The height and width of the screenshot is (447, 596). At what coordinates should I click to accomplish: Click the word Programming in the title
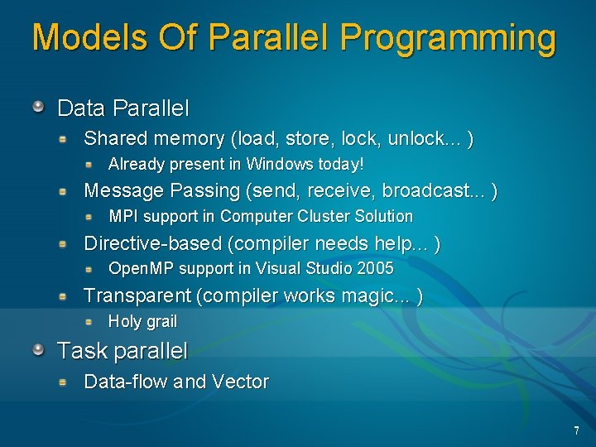coord(448,39)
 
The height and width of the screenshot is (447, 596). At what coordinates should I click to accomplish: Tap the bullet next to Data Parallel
coord(38,107)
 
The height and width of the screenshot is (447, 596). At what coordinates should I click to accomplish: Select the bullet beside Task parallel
coord(38,350)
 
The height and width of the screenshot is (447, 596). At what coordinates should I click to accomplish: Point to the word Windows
coord(281,164)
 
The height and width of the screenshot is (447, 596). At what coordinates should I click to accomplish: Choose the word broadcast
coord(443,191)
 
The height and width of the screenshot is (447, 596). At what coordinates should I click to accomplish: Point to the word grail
coord(161,321)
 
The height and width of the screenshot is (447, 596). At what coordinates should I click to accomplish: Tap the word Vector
coord(240,382)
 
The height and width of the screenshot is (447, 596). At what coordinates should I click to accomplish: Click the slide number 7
coord(576,430)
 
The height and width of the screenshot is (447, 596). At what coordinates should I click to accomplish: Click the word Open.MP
coord(142,268)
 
